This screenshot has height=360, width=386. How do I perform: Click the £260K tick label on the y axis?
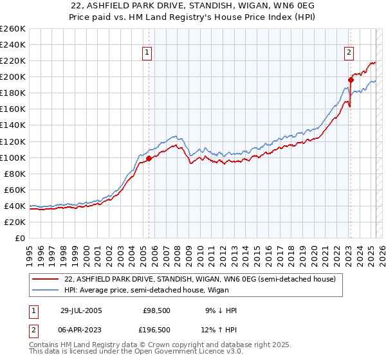click(12, 29)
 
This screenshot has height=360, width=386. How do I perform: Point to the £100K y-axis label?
click(12, 157)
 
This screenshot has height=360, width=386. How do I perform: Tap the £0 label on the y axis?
click(19, 238)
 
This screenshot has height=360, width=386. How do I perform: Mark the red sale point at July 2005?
click(149, 158)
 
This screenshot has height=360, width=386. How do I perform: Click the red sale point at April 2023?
click(351, 80)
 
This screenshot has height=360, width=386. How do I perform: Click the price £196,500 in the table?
click(156, 330)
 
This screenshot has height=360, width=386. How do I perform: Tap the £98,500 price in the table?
click(156, 310)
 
